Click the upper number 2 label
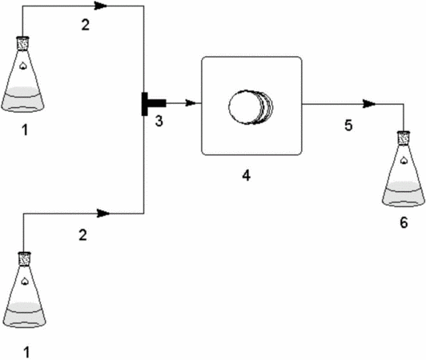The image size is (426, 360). (x=86, y=25)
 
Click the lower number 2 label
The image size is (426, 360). (x=82, y=235)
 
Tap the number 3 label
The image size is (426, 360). (x=159, y=121)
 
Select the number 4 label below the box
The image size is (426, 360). (x=246, y=175)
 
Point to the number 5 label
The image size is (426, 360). (x=348, y=126)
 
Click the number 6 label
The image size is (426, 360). (x=404, y=222)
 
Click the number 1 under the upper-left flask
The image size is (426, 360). (x=25, y=130)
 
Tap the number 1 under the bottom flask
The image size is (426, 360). (x=26, y=352)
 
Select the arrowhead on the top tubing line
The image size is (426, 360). (x=101, y=6)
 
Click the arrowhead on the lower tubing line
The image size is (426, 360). (x=103, y=214)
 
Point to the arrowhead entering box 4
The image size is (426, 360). (x=191, y=103)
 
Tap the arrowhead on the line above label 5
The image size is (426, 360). (x=369, y=104)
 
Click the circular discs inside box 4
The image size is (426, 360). (x=251, y=107)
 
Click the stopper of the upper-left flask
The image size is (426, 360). (x=22, y=43)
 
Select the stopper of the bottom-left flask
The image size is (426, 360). (x=24, y=259)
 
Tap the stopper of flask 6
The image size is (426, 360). (x=404, y=138)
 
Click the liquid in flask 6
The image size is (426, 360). (x=404, y=194)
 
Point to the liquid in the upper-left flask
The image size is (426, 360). (x=22, y=99)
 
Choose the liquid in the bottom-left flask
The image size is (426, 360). (x=25, y=314)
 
